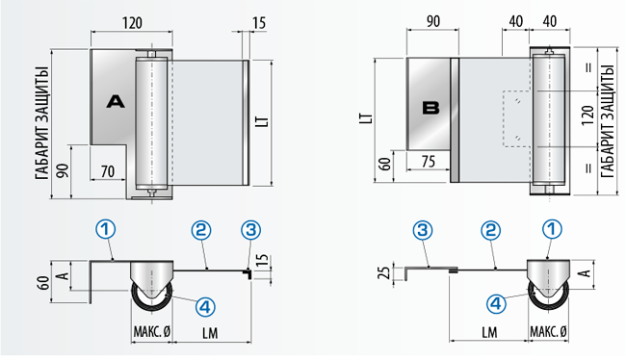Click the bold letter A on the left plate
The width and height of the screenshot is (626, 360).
(116, 102)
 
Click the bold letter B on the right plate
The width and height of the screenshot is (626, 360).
(430, 108)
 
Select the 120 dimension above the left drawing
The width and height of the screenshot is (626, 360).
(132, 23)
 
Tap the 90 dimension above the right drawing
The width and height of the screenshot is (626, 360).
(433, 21)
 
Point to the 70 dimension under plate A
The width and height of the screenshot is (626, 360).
(108, 171)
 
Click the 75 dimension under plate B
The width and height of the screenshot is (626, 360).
(429, 162)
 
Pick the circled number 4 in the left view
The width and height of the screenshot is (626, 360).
(205, 307)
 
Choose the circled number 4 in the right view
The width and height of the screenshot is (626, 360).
(496, 304)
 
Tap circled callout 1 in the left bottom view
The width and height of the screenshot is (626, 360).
(105, 229)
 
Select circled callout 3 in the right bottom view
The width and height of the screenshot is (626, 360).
(423, 230)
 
